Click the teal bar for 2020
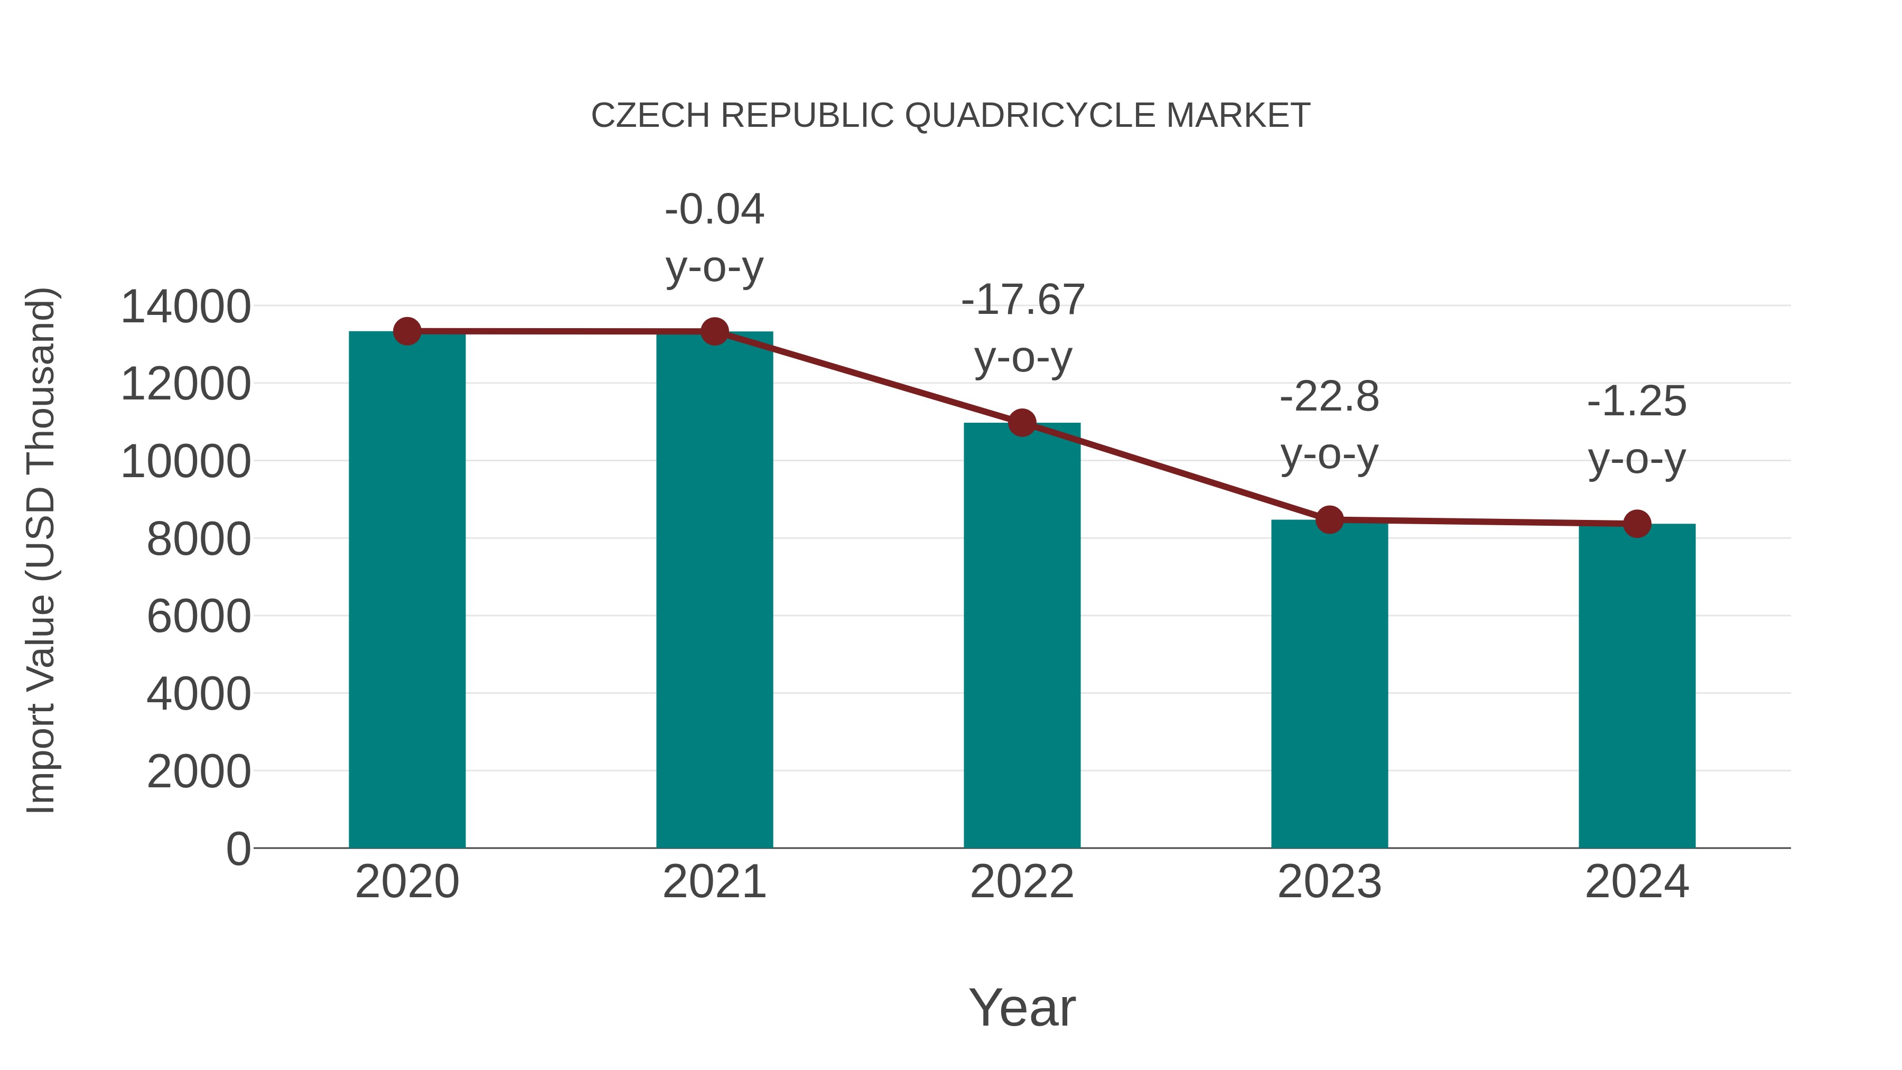(x=407, y=591)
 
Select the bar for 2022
(x=1022, y=635)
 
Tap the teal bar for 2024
(x=1637, y=687)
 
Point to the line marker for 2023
(x=1329, y=520)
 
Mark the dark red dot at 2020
(x=407, y=331)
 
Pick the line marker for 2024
(x=1637, y=524)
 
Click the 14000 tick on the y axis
(x=186, y=307)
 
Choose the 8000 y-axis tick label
(x=199, y=540)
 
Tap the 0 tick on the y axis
(x=238, y=849)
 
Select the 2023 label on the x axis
(x=1329, y=882)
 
